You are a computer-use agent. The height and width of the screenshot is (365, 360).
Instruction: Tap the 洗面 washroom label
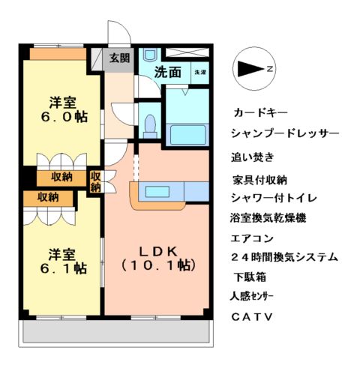(x=168, y=73)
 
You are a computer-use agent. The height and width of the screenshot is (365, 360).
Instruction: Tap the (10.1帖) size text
(x=158, y=265)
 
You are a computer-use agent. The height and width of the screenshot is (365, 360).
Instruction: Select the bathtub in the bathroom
(x=187, y=134)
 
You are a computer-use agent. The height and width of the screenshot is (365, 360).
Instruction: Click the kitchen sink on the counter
(x=159, y=190)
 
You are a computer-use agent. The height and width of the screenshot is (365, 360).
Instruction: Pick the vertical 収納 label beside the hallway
(x=95, y=182)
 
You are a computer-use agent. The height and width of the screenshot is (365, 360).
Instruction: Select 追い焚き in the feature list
(x=253, y=157)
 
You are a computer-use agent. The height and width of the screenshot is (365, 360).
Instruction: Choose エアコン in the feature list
(x=255, y=238)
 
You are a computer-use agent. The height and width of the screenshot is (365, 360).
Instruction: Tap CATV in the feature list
(x=251, y=316)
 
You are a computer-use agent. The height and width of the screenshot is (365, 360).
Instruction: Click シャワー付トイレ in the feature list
(x=274, y=198)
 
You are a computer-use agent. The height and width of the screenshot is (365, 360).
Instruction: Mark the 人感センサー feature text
(x=257, y=296)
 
